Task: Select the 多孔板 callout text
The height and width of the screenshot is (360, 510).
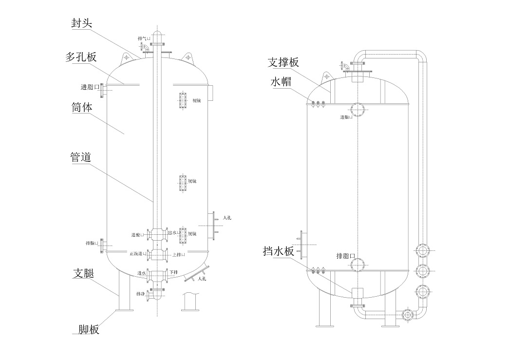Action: [81, 57]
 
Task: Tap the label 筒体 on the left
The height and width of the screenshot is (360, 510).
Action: [81, 107]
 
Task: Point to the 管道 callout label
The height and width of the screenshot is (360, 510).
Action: [81, 157]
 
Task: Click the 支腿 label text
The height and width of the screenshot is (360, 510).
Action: [84, 273]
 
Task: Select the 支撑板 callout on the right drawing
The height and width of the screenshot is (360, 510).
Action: [283, 63]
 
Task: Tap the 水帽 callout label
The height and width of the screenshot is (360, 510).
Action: [281, 81]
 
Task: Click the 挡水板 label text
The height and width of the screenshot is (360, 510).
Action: [278, 251]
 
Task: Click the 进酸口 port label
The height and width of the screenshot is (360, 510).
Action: [137, 235]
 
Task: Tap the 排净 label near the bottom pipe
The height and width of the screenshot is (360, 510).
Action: [140, 294]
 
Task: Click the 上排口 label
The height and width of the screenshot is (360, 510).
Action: [178, 254]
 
